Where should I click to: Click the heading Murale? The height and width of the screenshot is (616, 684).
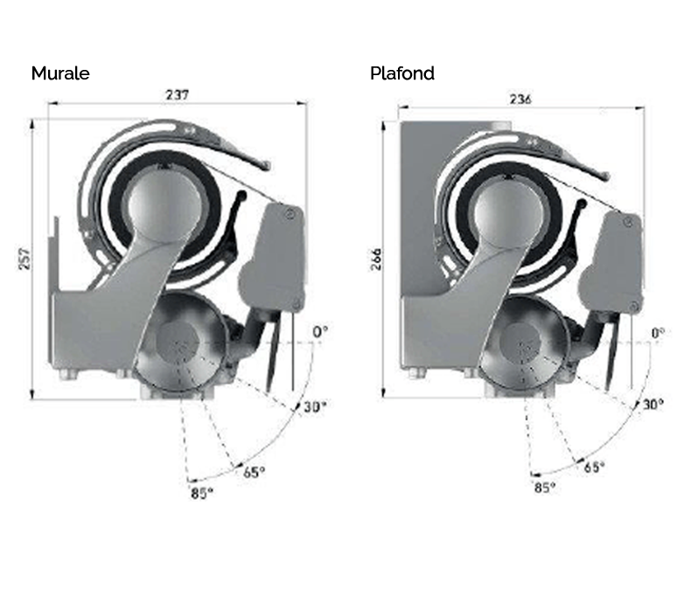click(x=60, y=73)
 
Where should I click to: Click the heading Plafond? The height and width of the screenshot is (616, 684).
click(x=402, y=73)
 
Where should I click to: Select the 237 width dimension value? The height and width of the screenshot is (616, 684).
click(x=178, y=94)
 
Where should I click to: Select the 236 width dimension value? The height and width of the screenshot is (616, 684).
click(x=520, y=100)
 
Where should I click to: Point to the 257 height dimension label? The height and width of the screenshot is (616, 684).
click(x=24, y=259)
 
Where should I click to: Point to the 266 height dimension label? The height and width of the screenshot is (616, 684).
click(x=375, y=260)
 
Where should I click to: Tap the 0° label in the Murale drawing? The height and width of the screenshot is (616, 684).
click(x=320, y=332)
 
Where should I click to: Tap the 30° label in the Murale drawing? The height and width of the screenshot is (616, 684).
click(x=315, y=407)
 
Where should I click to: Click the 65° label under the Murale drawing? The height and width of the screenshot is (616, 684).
click(x=254, y=472)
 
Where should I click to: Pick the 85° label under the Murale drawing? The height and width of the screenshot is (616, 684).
click(x=202, y=493)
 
